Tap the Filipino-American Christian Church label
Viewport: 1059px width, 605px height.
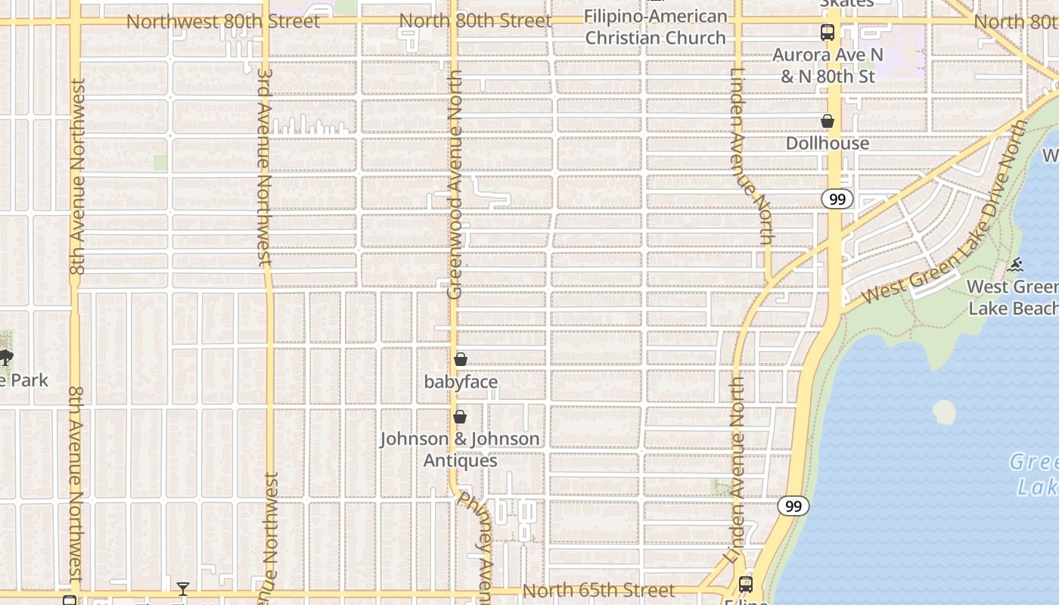click(655, 26)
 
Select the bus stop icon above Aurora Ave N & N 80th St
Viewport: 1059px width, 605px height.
click(828, 33)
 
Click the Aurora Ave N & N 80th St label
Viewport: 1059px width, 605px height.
click(828, 66)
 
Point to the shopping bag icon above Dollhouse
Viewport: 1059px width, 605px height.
click(828, 121)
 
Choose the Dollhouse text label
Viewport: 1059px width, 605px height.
click(828, 143)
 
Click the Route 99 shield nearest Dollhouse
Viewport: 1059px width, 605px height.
click(837, 199)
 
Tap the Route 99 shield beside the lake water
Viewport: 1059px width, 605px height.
click(793, 506)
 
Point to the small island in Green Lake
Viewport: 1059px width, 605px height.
click(944, 412)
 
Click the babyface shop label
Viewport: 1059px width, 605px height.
click(461, 382)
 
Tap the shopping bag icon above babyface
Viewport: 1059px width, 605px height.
click(460, 359)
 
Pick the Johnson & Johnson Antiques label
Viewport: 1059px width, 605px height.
click(460, 449)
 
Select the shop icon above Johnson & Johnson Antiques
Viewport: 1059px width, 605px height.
click(459, 417)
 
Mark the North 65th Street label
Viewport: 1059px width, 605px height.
click(598, 590)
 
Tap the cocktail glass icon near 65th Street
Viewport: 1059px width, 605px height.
click(182, 588)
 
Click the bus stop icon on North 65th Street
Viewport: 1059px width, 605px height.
click(746, 585)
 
